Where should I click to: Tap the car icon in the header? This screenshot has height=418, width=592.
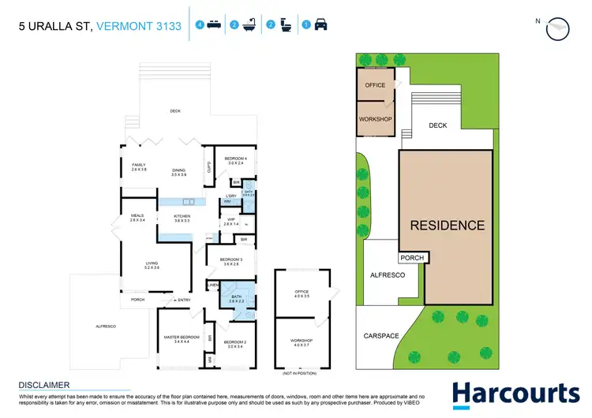click(321, 25)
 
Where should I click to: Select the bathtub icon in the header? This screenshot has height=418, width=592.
click(248, 25)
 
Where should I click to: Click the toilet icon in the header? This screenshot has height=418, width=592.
click(285, 25)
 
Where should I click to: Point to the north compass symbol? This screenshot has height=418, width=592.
click(557, 27)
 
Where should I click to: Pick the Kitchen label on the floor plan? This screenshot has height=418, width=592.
click(182, 218)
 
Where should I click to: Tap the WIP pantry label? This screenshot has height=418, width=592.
click(230, 222)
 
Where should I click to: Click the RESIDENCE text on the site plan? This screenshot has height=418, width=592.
click(447, 226)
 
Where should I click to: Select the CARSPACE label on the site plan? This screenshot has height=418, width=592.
click(381, 335)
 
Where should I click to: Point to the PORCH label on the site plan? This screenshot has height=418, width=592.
click(412, 258)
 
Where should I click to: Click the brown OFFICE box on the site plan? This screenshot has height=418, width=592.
click(375, 85)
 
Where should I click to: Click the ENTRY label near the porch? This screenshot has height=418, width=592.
click(184, 300)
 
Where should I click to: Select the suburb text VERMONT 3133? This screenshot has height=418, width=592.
click(139, 26)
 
